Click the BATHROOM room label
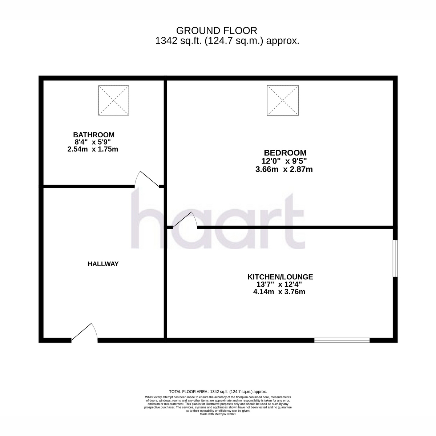point(94,135)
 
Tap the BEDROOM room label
point(285,153)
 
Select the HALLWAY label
point(103,264)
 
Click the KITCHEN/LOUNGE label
point(280,277)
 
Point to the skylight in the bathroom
point(114,100)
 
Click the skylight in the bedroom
point(283,100)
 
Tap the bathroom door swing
point(147,179)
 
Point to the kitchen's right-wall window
point(395,258)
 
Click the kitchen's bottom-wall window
point(342,340)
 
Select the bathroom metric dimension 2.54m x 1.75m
point(93,149)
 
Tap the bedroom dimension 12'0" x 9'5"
point(284,161)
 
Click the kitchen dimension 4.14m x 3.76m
point(279,292)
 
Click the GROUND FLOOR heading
point(217,31)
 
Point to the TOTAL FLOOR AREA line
point(218,392)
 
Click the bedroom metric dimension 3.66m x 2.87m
point(284,169)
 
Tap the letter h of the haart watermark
point(147,218)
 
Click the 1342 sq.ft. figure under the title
point(178,41)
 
